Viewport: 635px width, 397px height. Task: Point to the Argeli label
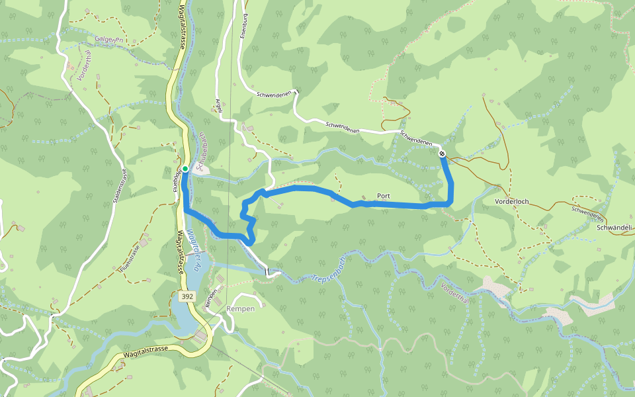coord(218,106)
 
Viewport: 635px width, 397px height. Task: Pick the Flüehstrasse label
coord(130,259)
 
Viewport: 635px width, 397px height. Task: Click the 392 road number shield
coord(187,297)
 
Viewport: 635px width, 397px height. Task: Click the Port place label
coord(383,197)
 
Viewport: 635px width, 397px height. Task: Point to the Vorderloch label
coord(512,201)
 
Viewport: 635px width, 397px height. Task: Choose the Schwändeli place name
coord(614,228)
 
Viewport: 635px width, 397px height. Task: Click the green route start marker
coord(186,169)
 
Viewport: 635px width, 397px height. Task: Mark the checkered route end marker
coord(442,154)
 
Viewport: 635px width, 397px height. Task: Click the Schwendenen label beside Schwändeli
coord(587,213)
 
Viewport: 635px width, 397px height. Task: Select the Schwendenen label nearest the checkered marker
coord(416,138)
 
